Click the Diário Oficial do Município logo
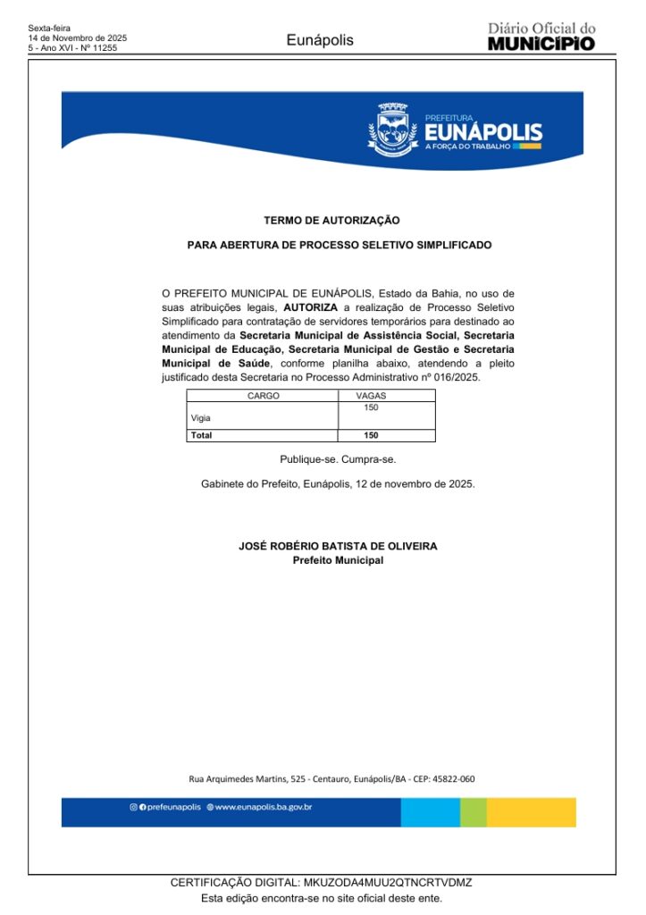coord(541,38)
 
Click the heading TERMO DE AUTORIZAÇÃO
coord(331,220)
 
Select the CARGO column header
coord(263,395)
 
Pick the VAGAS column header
coord(371,395)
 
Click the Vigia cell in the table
coord(201,418)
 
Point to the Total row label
coord(202,435)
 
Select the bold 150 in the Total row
coord(372,435)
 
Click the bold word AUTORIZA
coord(310,306)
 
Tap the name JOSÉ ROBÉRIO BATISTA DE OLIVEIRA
coord(338,546)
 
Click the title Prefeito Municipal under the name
coord(338,560)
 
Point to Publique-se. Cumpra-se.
coord(338,459)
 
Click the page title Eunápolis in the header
coord(320,40)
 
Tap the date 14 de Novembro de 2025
coord(78,38)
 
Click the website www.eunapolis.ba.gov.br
coord(264,807)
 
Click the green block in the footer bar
coord(474,812)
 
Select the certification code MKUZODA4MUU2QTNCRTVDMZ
coord(388,883)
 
